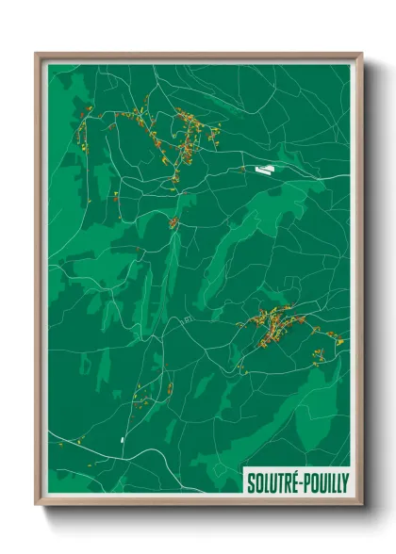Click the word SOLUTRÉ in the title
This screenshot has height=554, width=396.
tap(272, 482)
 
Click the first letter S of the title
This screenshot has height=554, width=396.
tap(251, 482)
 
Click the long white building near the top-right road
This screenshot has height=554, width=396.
tap(263, 171)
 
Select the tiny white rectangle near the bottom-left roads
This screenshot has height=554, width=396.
tap(123, 439)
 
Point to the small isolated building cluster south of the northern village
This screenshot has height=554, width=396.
tap(173, 222)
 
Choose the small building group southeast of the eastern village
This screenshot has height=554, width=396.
tap(320, 354)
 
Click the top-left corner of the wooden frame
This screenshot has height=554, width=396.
tap(37, 54)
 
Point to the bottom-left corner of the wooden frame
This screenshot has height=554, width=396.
tap(37, 505)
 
